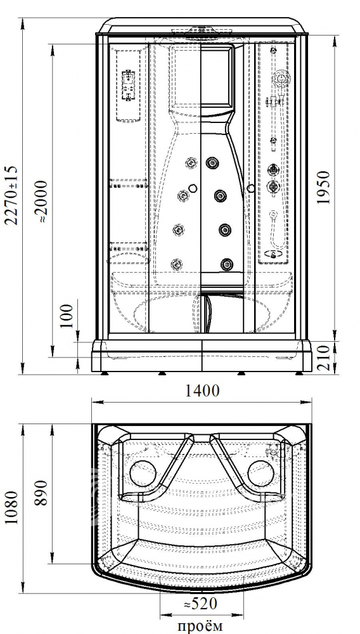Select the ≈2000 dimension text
point(41,201)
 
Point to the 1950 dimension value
point(323,188)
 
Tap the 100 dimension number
point(68,315)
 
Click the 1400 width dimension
point(202,391)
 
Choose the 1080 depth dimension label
point(12,507)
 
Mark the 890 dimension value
point(41,493)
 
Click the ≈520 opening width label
point(200,604)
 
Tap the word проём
point(200,626)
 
